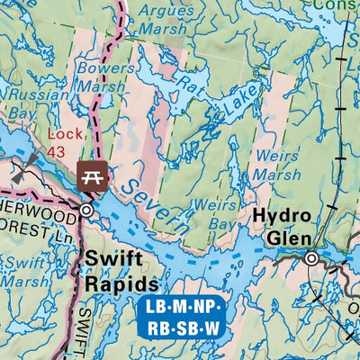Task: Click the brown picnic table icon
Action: [x=91, y=174]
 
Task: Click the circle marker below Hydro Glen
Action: [x=311, y=259]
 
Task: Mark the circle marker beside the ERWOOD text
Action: [x=86, y=210]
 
